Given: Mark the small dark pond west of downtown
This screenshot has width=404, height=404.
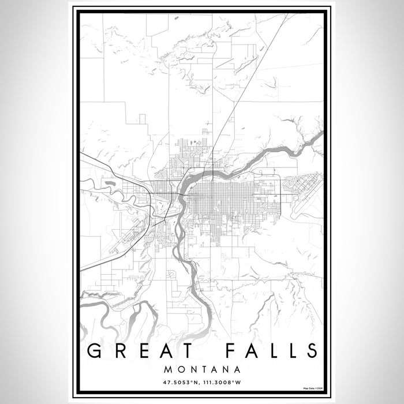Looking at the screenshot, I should click(x=109, y=184).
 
